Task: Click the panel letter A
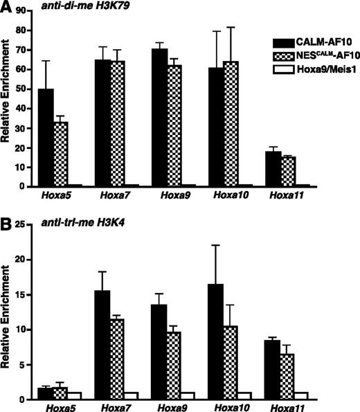click(x=6, y=8)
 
